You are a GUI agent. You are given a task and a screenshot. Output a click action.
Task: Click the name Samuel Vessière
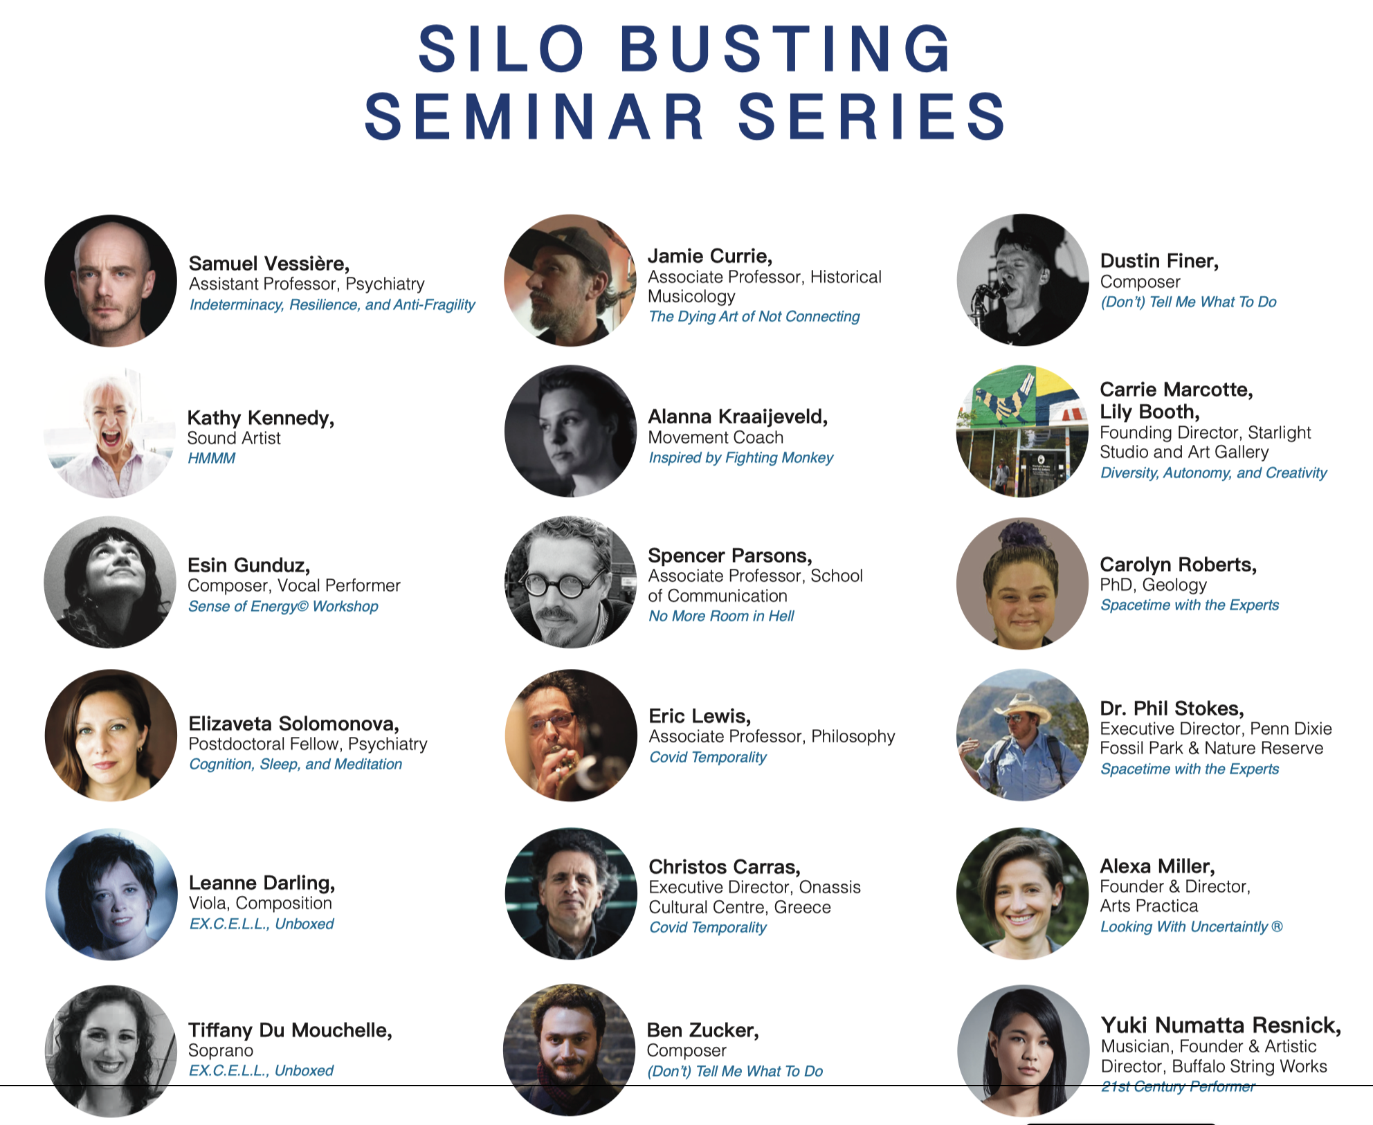pos(269,264)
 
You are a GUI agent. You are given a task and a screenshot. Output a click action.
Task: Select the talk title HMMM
pos(212,458)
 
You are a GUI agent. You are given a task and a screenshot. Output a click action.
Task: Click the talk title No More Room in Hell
pos(721,616)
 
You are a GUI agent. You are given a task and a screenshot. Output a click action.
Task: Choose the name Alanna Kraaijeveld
pos(738,417)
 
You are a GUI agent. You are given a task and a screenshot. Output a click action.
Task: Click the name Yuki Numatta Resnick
pos(1221,1025)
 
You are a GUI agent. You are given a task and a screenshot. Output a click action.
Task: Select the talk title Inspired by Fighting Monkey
pos(740,457)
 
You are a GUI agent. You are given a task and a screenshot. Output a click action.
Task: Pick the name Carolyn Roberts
pos(1179,565)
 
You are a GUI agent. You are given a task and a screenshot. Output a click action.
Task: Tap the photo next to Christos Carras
pos(571,893)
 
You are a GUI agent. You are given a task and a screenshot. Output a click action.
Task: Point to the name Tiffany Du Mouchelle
pos(291,1030)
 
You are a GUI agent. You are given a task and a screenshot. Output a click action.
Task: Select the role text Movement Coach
pos(716,437)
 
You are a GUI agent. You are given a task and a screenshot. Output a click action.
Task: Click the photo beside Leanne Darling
pos(111,894)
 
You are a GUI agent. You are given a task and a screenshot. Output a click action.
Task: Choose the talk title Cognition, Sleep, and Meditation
pos(295,764)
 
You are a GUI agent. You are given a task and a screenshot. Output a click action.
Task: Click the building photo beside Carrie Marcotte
pos(1022,431)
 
